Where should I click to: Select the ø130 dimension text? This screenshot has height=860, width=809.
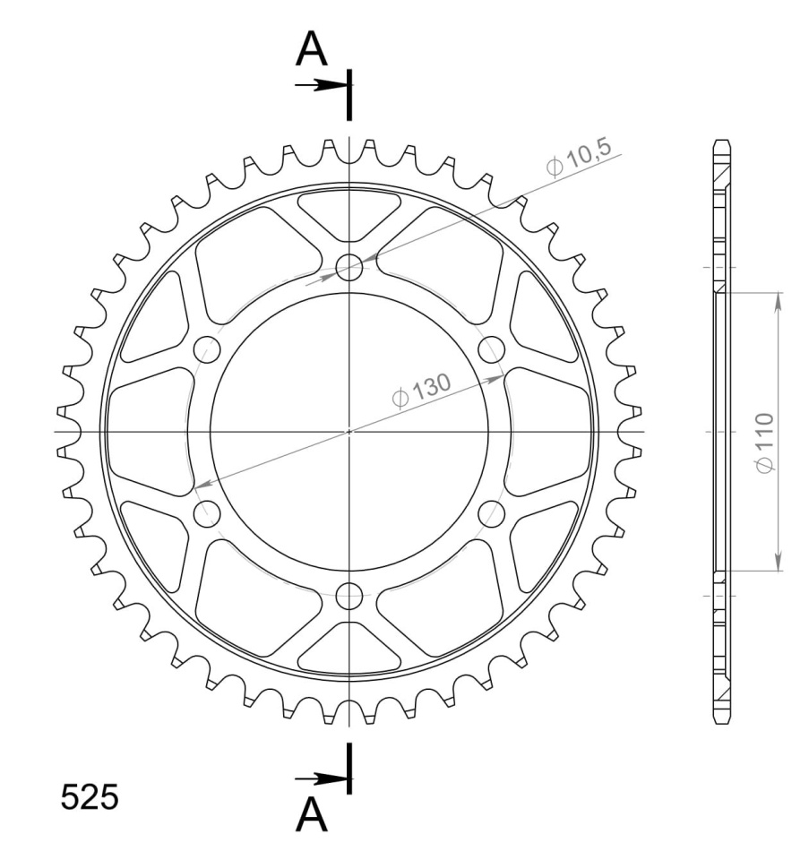click(x=422, y=391)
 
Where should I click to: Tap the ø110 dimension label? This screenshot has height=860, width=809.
click(x=763, y=443)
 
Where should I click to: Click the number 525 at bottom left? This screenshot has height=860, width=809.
click(x=89, y=797)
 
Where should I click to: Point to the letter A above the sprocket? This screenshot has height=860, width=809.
click(x=311, y=48)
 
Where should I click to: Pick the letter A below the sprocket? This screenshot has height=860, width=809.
click(x=311, y=814)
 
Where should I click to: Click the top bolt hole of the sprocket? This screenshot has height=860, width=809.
click(x=349, y=268)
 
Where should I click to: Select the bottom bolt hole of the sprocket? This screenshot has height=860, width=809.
click(x=349, y=597)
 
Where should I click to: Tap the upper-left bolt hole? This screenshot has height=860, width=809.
click(x=207, y=349)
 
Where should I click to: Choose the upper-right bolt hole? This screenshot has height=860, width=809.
click(x=492, y=349)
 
